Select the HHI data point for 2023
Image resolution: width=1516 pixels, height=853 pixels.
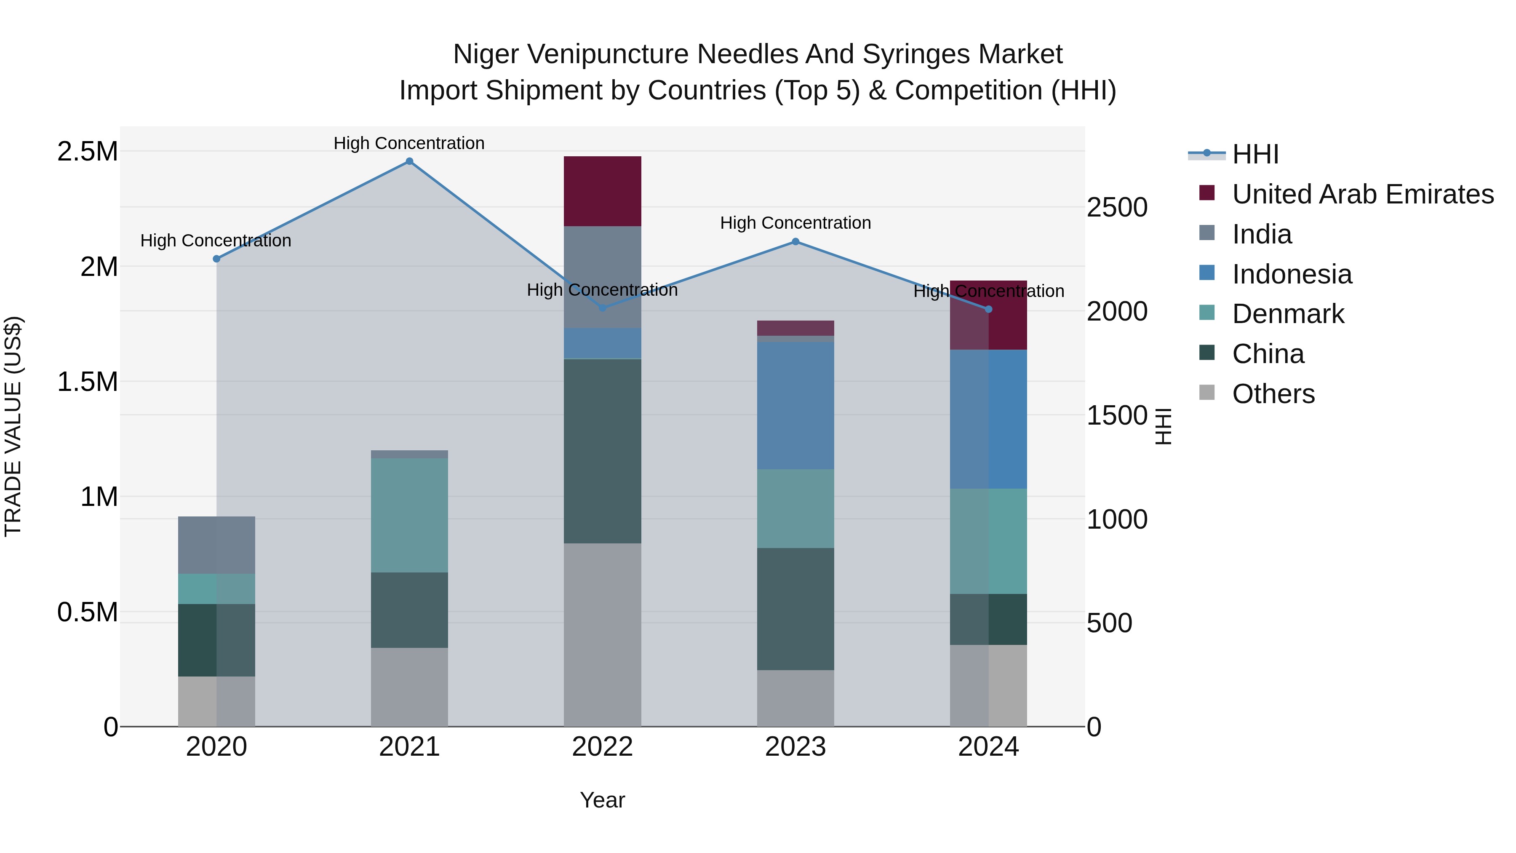pyautogui.click(x=795, y=241)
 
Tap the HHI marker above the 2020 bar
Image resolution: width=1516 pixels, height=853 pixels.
pyautogui.click(x=216, y=259)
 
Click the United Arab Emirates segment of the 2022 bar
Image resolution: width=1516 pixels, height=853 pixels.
pyautogui.click(x=602, y=191)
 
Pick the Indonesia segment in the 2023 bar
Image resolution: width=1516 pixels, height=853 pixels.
pyautogui.click(x=795, y=406)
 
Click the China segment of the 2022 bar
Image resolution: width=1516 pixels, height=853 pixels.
pyautogui.click(x=602, y=450)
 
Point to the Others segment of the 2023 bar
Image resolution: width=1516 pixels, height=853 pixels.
pyautogui.click(x=795, y=698)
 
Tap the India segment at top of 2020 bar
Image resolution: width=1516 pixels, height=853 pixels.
pyautogui.click(x=216, y=545)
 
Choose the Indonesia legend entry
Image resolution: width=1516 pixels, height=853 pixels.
pyautogui.click(x=1292, y=274)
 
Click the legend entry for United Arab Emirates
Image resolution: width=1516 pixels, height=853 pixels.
pyautogui.click(x=1362, y=194)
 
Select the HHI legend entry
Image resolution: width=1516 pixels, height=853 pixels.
pyautogui.click(x=1255, y=154)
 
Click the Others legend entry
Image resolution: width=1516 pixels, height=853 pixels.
pyautogui.click(x=1273, y=394)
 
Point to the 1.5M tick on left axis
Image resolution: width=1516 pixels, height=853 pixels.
pyautogui.click(x=87, y=382)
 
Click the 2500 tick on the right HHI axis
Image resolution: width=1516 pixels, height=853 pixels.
pyautogui.click(x=1116, y=208)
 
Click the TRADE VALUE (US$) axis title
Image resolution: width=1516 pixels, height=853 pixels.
pyautogui.click(x=13, y=426)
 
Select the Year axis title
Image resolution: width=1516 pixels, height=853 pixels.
pyautogui.click(x=602, y=800)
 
